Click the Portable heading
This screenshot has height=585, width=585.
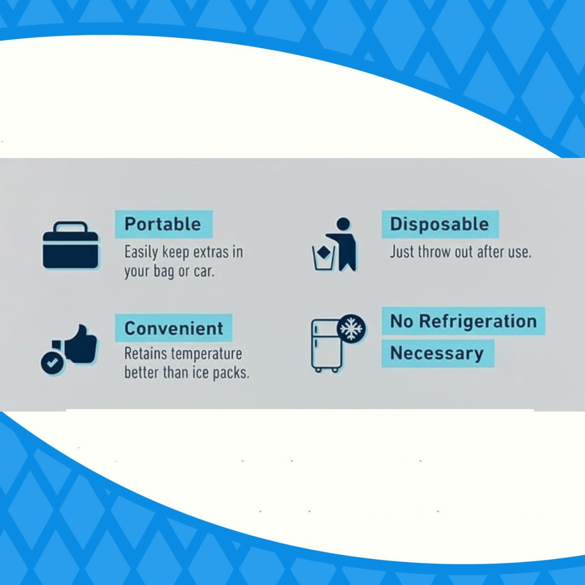(x=163, y=224)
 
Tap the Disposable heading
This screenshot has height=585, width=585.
(x=440, y=224)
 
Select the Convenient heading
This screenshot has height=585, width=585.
(x=174, y=328)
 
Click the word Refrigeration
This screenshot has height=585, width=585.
(x=478, y=321)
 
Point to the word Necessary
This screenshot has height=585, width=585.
(x=437, y=353)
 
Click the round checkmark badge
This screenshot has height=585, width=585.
(x=52, y=363)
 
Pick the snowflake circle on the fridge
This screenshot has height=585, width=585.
(x=351, y=328)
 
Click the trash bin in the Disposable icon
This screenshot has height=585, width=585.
(x=324, y=257)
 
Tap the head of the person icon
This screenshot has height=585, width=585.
(x=343, y=224)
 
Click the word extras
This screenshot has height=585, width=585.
(x=211, y=252)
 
